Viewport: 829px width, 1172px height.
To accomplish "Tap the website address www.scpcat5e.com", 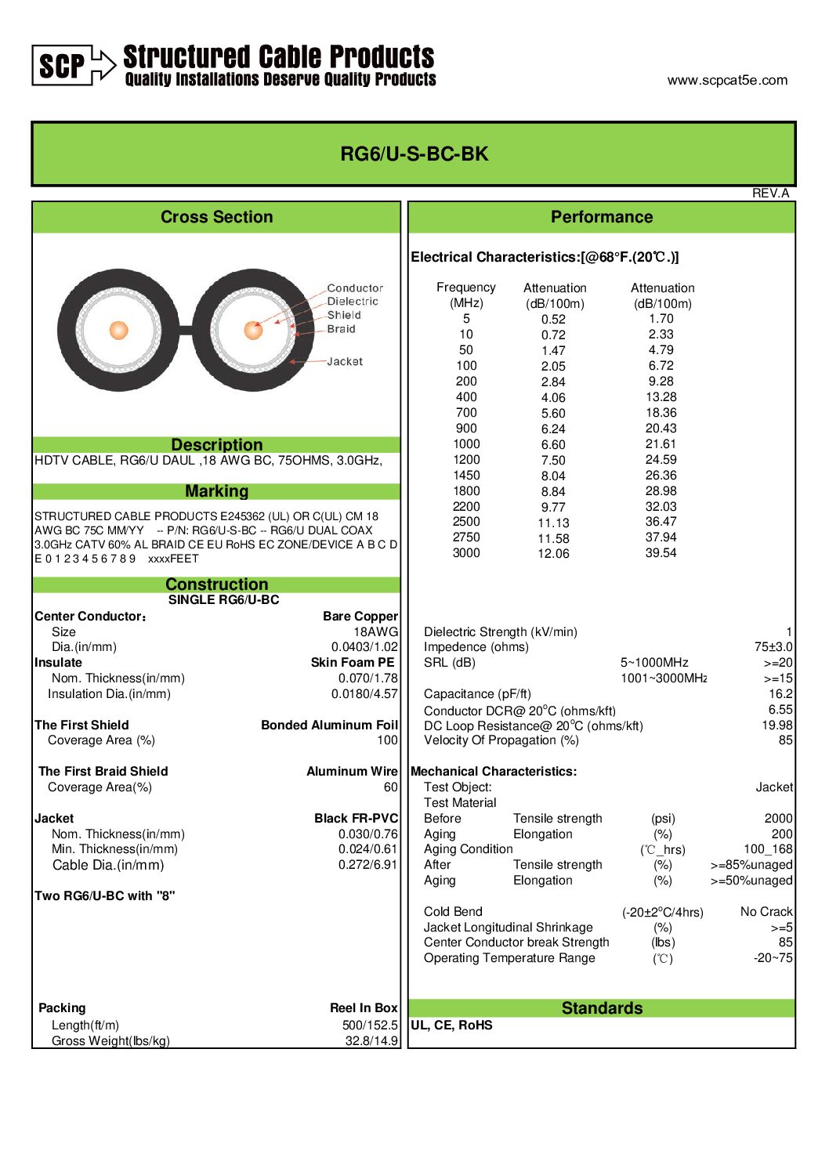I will click(727, 80).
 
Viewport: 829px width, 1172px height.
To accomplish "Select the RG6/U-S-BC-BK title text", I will click(414, 154).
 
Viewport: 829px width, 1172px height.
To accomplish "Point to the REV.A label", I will click(770, 193).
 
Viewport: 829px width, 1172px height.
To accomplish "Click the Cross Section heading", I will click(216, 217).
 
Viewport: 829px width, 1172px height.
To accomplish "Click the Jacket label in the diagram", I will click(345, 361).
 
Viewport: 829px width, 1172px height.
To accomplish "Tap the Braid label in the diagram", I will click(341, 329).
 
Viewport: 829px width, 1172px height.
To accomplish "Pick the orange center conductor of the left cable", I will click(118, 330).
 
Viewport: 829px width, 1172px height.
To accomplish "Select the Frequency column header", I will click(465, 288).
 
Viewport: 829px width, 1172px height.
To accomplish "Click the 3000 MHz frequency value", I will click(466, 553).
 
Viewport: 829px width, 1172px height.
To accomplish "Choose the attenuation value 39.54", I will click(661, 553).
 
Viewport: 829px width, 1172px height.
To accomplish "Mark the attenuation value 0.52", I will click(553, 319).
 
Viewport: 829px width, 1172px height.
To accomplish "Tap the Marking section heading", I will click(216, 491).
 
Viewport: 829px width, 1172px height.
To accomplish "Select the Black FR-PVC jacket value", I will click(356, 818).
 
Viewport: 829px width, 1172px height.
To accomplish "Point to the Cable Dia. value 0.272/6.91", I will click(367, 865).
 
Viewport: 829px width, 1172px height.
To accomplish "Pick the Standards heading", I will click(602, 1008).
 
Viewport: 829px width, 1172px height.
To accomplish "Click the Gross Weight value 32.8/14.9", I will click(371, 1040).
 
